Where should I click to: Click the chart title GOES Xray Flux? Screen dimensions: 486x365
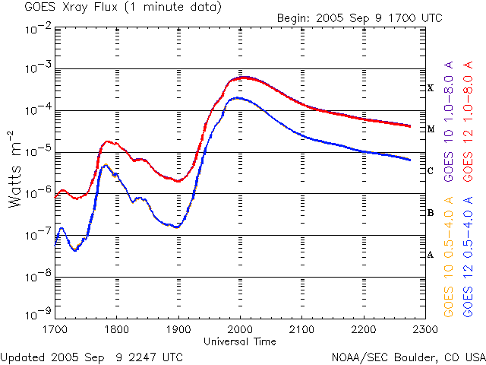pyautogui.click(x=71, y=7)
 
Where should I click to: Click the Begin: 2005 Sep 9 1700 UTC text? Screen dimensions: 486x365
pyautogui.click(x=359, y=18)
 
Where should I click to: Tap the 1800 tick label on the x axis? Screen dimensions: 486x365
pyautogui.click(x=116, y=329)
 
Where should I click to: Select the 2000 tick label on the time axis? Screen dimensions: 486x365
pyautogui.click(x=240, y=329)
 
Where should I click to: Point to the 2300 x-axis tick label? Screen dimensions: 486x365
pyautogui.click(x=425, y=329)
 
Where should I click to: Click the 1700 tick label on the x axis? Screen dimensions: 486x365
pyautogui.click(x=55, y=329)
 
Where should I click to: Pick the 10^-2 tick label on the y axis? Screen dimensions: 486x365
pyautogui.click(x=39, y=29)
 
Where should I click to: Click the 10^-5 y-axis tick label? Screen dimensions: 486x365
pyautogui.click(x=39, y=151)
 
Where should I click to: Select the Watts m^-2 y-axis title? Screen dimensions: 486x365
pyautogui.click(x=14, y=169)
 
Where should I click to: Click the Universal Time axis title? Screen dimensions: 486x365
pyautogui.click(x=240, y=341)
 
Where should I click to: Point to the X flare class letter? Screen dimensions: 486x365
pyautogui.click(x=431, y=88)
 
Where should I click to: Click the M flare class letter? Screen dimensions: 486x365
pyautogui.click(x=431, y=129)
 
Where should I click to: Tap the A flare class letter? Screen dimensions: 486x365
pyautogui.click(x=431, y=255)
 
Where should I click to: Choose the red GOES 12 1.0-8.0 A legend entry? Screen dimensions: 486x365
pyautogui.click(x=468, y=121)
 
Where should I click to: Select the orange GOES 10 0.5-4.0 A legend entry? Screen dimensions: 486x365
pyautogui.click(x=449, y=256)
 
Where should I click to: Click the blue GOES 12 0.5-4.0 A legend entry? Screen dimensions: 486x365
pyautogui.click(x=468, y=256)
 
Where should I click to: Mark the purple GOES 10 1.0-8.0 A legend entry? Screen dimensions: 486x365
pyautogui.click(x=449, y=121)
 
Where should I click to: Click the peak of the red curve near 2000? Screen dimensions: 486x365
pyautogui.click(x=245, y=78)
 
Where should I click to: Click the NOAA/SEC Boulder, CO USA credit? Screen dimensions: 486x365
pyautogui.click(x=409, y=357)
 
